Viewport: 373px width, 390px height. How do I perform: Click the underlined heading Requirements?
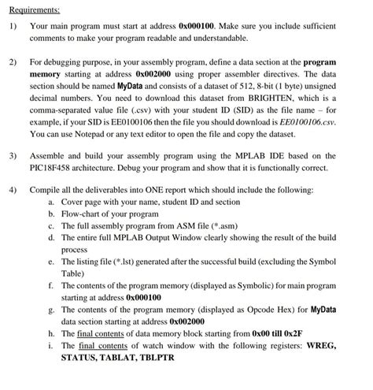coord(35,9)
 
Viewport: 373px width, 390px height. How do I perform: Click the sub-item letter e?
coord(50,261)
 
